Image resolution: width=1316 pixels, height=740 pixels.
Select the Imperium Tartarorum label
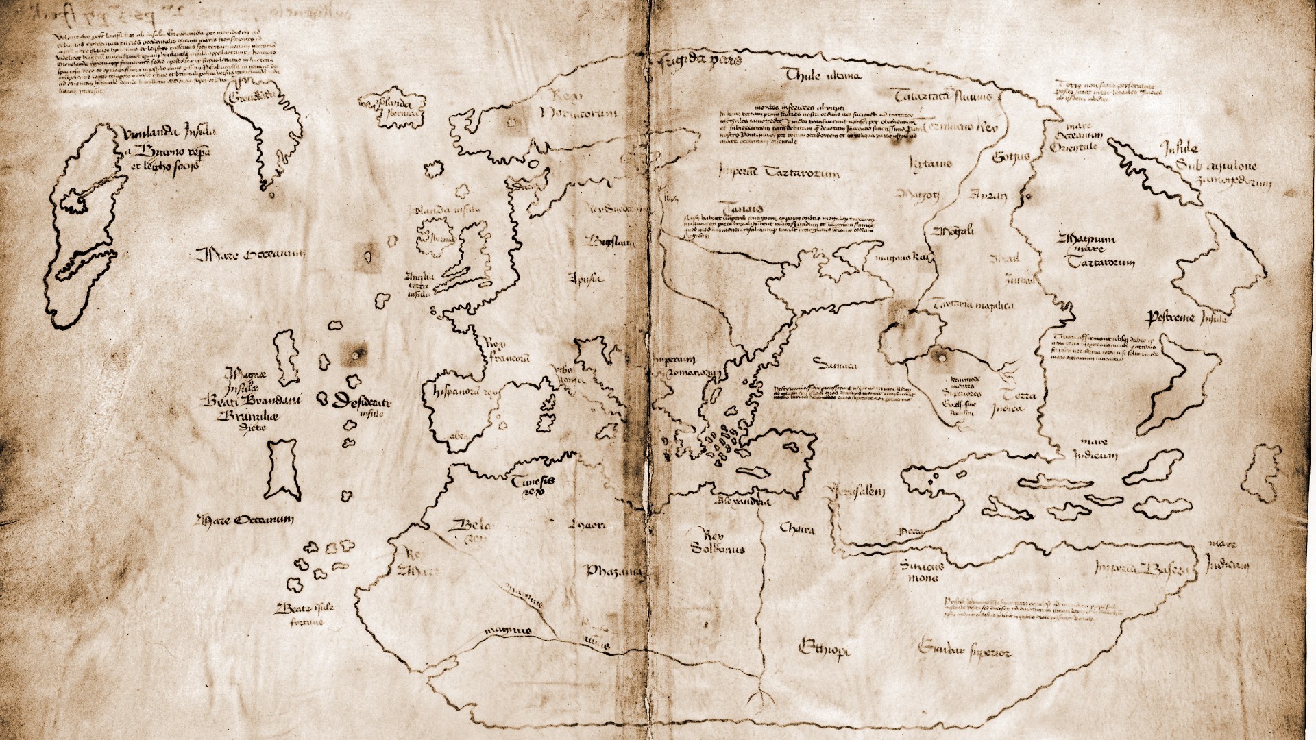(x=779, y=173)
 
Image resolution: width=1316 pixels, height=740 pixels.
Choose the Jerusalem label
(x=857, y=492)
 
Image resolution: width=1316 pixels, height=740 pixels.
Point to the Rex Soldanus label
(x=717, y=541)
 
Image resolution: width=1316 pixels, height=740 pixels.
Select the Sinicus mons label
(x=921, y=571)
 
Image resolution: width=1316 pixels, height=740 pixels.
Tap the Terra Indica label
(x=1019, y=402)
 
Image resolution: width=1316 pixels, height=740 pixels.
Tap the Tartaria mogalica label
(x=973, y=306)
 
